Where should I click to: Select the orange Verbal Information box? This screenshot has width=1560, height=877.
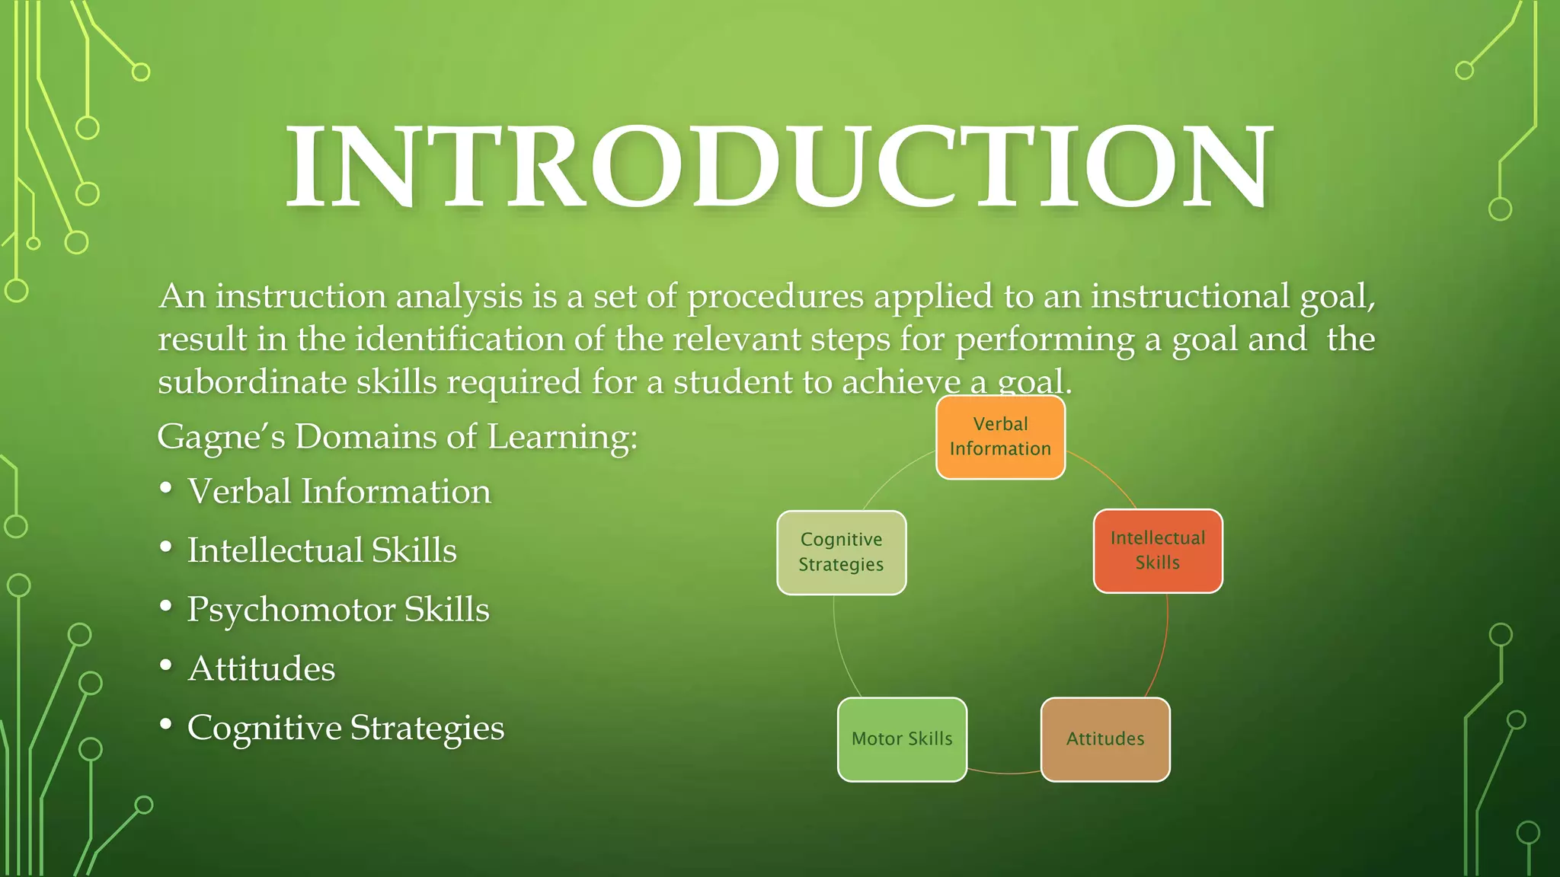[1000, 437]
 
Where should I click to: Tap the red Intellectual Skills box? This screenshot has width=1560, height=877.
[1158, 550]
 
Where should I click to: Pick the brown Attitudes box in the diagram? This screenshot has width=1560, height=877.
[1105, 739]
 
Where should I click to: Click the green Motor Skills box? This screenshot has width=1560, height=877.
[902, 739]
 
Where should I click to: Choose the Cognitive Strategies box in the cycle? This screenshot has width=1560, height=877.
[841, 552]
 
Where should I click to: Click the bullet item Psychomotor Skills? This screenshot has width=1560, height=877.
[338, 609]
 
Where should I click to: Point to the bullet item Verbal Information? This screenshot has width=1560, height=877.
[339, 491]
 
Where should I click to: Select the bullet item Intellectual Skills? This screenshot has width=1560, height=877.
[322, 550]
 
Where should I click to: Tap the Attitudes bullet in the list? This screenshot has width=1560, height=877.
[261, 668]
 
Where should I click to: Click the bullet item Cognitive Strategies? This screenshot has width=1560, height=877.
[346, 728]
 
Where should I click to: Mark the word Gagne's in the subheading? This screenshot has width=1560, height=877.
[221, 437]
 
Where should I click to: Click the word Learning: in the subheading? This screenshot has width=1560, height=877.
[562, 437]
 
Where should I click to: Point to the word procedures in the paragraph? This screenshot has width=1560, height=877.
[775, 297]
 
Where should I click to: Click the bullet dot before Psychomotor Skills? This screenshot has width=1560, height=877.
[166, 607]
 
